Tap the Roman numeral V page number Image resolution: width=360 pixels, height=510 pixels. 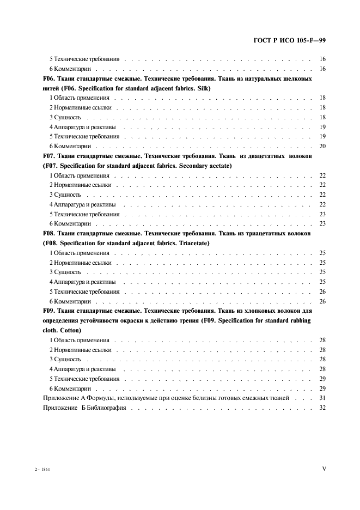click(x=324, y=467)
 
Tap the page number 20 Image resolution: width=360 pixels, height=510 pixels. click(x=322, y=146)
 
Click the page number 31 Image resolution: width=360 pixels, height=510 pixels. click(x=322, y=398)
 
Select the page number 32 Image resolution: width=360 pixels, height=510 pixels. click(x=322, y=408)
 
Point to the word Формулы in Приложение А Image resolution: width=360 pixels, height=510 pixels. click(x=91, y=398)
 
